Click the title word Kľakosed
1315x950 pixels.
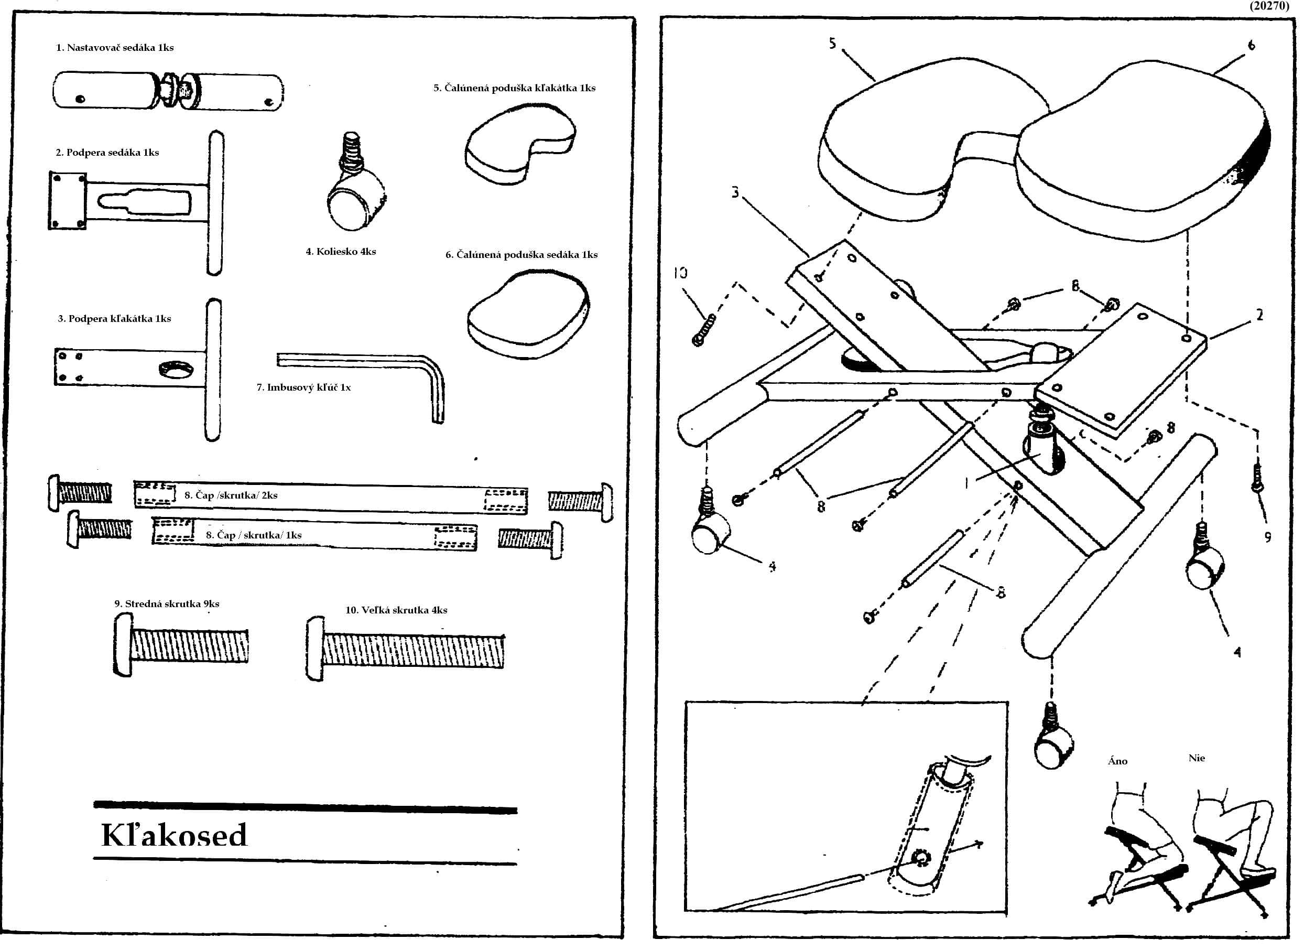[174, 835]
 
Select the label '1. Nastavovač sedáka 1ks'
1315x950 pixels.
[115, 48]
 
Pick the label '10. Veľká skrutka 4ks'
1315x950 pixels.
[396, 610]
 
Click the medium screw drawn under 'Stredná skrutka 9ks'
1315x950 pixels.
[181, 645]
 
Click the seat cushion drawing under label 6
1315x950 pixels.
[528, 316]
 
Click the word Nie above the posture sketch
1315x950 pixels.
[1196, 758]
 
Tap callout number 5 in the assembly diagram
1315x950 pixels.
[833, 44]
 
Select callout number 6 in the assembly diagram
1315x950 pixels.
[1251, 45]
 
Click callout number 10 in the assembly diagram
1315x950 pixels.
[680, 273]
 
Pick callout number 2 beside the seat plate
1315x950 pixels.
[1259, 316]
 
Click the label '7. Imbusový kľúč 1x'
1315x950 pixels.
[303, 387]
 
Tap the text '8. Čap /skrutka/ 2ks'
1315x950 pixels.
[231, 495]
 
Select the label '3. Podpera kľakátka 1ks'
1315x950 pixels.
[114, 319]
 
